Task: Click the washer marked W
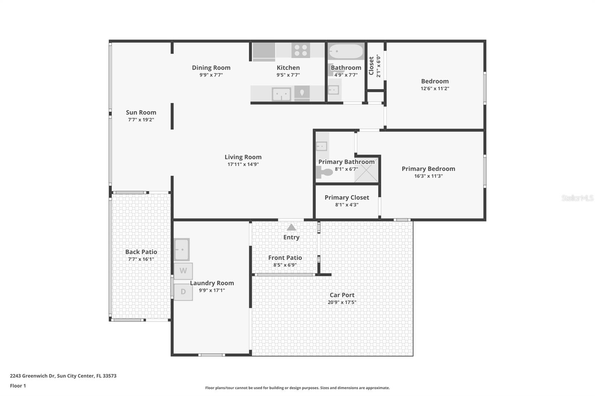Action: [x=183, y=271]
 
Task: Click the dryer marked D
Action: [x=183, y=292]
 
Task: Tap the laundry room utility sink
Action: [x=182, y=250]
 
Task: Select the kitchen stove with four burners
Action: [x=301, y=50]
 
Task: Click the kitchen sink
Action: [x=281, y=94]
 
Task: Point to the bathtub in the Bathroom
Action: [x=346, y=51]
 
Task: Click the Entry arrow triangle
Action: [x=292, y=227]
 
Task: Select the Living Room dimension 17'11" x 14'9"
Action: [x=243, y=164]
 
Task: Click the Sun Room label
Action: [x=141, y=112]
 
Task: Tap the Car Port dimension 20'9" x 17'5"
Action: [x=342, y=302]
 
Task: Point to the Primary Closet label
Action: [x=347, y=198]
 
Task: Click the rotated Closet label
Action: [x=372, y=66]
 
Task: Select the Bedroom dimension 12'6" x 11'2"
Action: [x=435, y=88]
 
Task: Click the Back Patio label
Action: [x=141, y=251]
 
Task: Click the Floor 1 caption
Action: [x=18, y=386]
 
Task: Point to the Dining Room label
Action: [x=211, y=68]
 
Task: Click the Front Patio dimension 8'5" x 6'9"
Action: [x=285, y=265]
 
